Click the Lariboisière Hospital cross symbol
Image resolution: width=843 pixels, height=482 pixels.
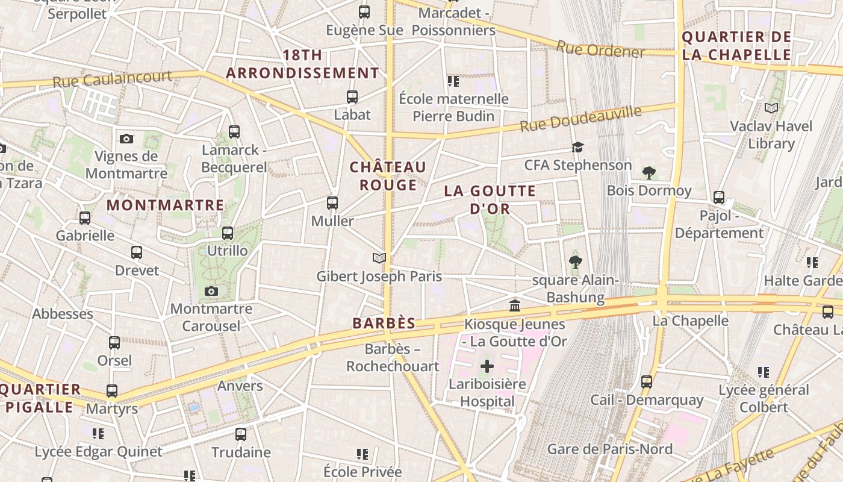pos(487,366)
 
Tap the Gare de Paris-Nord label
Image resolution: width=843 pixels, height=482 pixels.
pos(609,449)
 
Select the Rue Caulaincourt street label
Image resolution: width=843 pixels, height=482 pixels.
pos(111,79)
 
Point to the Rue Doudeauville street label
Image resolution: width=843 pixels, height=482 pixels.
pos(580,118)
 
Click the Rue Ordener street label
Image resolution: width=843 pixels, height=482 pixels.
pos(600,49)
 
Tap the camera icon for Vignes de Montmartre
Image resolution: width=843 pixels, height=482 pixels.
pos(126,139)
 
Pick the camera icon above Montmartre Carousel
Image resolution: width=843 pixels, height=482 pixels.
pos(211,292)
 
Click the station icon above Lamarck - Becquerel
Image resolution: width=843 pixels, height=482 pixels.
pos(234,132)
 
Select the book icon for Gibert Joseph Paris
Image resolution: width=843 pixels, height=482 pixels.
pos(379,258)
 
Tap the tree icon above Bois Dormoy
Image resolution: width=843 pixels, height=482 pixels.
pos(649,173)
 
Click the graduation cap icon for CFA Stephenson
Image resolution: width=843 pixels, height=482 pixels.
pos(577,148)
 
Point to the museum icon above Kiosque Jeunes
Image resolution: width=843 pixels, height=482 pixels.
pos(515,306)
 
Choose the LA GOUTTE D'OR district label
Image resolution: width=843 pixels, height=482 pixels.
pos(490,200)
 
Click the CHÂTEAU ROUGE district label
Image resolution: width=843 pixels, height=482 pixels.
pos(388,176)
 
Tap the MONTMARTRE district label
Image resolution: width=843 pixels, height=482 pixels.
pos(165,205)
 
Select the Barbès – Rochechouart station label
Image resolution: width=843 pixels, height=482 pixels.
pos(392,358)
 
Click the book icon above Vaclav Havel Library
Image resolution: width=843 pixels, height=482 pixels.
pos(771,108)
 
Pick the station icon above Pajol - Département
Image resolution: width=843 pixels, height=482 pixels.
pos(719,198)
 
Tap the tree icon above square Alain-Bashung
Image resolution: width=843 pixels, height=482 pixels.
pos(575,262)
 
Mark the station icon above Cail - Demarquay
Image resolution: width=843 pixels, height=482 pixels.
pos(647,382)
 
